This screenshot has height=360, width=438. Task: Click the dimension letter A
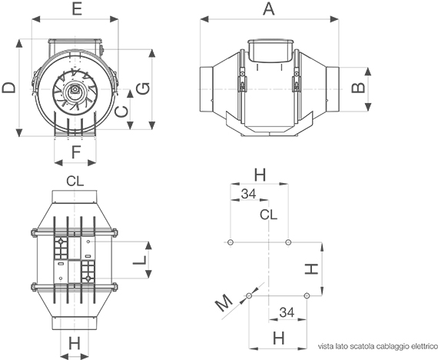[x=269, y=9]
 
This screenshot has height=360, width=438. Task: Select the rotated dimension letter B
[x=358, y=88]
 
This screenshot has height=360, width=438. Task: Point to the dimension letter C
[x=121, y=112]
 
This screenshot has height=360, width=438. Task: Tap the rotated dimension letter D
[x=8, y=87]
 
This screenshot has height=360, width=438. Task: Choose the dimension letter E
[x=77, y=9]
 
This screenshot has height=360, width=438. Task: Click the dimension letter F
[x=76, y=152]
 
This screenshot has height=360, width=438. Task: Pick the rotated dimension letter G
[x=143, y=88]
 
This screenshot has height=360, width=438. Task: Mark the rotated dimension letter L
[x=139, y=260]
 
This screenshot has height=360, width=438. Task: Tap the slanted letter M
[x=224, y=303]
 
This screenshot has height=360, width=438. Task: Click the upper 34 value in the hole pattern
[x=248, y=194]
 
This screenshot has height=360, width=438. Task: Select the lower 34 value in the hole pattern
[x=287, y=313]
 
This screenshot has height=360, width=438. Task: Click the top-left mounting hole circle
[x=231, y=242]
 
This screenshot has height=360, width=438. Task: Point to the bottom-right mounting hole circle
[x=307, y=295]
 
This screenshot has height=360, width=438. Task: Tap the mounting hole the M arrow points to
[x=249, y=295]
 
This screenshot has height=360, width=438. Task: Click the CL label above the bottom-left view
[x=75, y=182]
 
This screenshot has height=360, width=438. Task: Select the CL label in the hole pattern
[x=268, y=215]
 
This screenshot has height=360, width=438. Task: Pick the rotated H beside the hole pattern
[x=311, y=268]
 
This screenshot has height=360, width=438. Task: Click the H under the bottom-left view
[x=75, y=343]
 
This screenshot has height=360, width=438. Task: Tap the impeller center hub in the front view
[x=75, y=90]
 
